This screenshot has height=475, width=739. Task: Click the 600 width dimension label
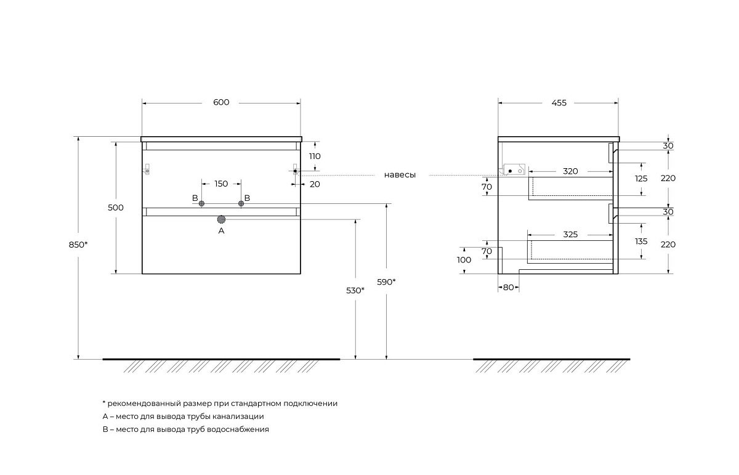221,102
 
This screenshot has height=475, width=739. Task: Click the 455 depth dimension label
558,103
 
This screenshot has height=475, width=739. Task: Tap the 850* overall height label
78,245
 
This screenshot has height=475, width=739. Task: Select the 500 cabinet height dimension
115,208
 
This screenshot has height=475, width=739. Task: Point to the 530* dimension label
355,290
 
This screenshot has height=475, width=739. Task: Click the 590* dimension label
386,282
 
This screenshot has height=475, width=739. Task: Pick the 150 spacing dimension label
221,184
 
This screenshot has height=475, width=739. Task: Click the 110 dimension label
314,156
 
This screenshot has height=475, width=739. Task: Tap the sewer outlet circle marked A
221,219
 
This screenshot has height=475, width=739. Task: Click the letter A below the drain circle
221,230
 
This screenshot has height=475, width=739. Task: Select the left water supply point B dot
201,204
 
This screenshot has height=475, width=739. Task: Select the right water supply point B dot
241,204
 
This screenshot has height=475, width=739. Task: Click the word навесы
400,175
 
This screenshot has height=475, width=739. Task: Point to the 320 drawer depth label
570,171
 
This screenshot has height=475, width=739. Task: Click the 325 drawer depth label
570,235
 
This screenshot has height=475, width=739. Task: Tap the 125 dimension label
641,179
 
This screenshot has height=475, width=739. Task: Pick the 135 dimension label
641,242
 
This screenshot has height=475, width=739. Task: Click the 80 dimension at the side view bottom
509,287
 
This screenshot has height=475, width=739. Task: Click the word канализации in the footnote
236,416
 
